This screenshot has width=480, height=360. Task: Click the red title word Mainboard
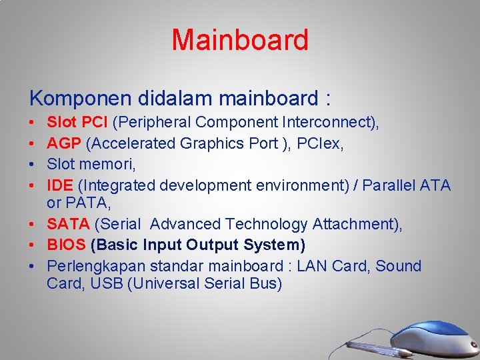(x=240, y=40)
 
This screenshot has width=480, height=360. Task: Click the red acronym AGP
(x=64, y=143)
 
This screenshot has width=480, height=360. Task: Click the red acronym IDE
(x=60, y=184)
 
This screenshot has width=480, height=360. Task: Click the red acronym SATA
(x=68, y=224)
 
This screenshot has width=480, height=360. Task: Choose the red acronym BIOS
(x=66, y=245)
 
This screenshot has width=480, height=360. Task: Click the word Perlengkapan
(x=96, y=266)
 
